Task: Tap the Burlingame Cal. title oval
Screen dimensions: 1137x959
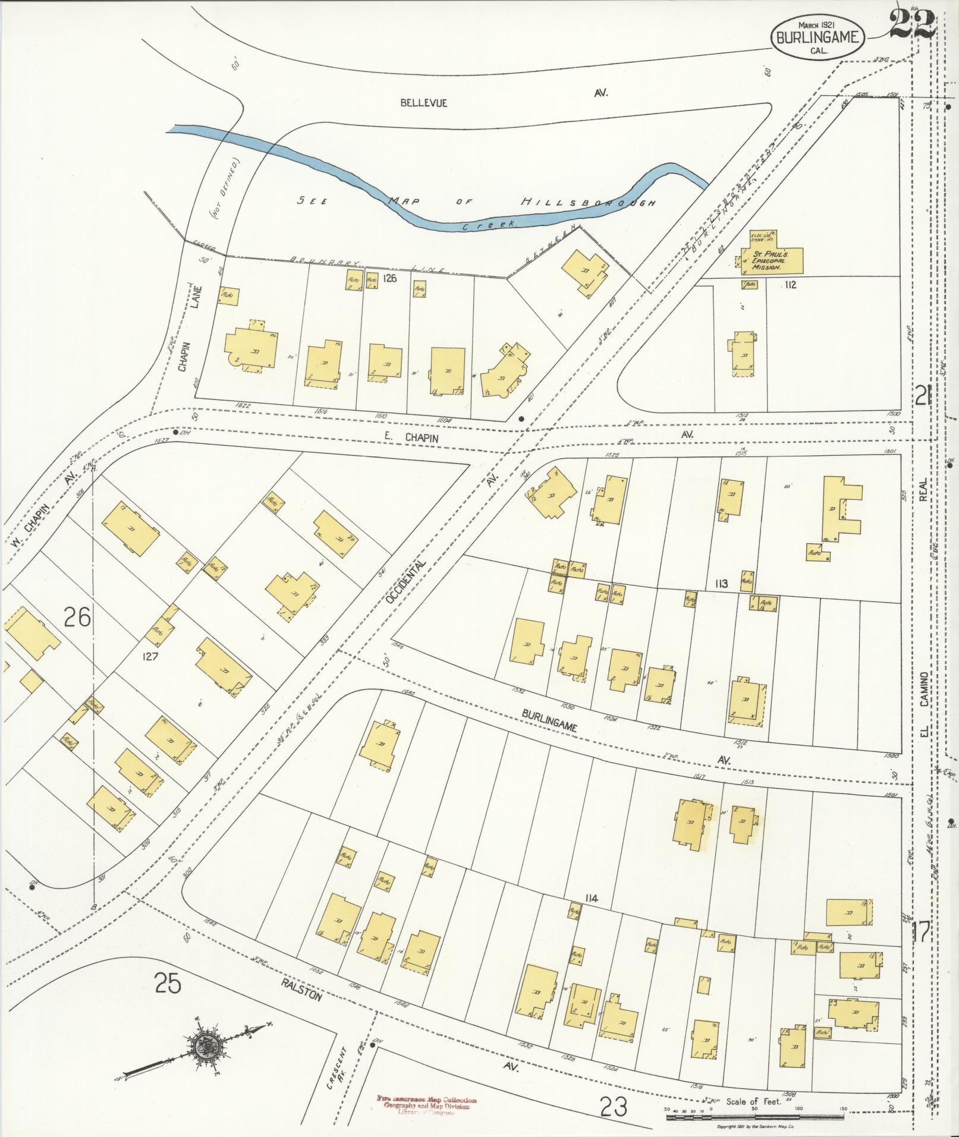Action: pos(817,37)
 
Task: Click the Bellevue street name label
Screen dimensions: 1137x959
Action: pos(423,103)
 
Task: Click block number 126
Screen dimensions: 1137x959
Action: pos(389,277)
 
